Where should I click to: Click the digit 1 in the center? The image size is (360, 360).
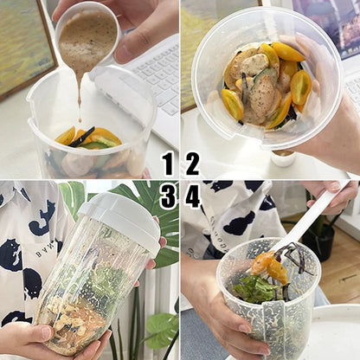tap(168, 164)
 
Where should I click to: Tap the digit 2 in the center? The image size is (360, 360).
tap(191, 164)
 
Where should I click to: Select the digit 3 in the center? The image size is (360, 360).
tap(168, 196)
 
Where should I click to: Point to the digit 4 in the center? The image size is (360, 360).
tap(192, 196)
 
